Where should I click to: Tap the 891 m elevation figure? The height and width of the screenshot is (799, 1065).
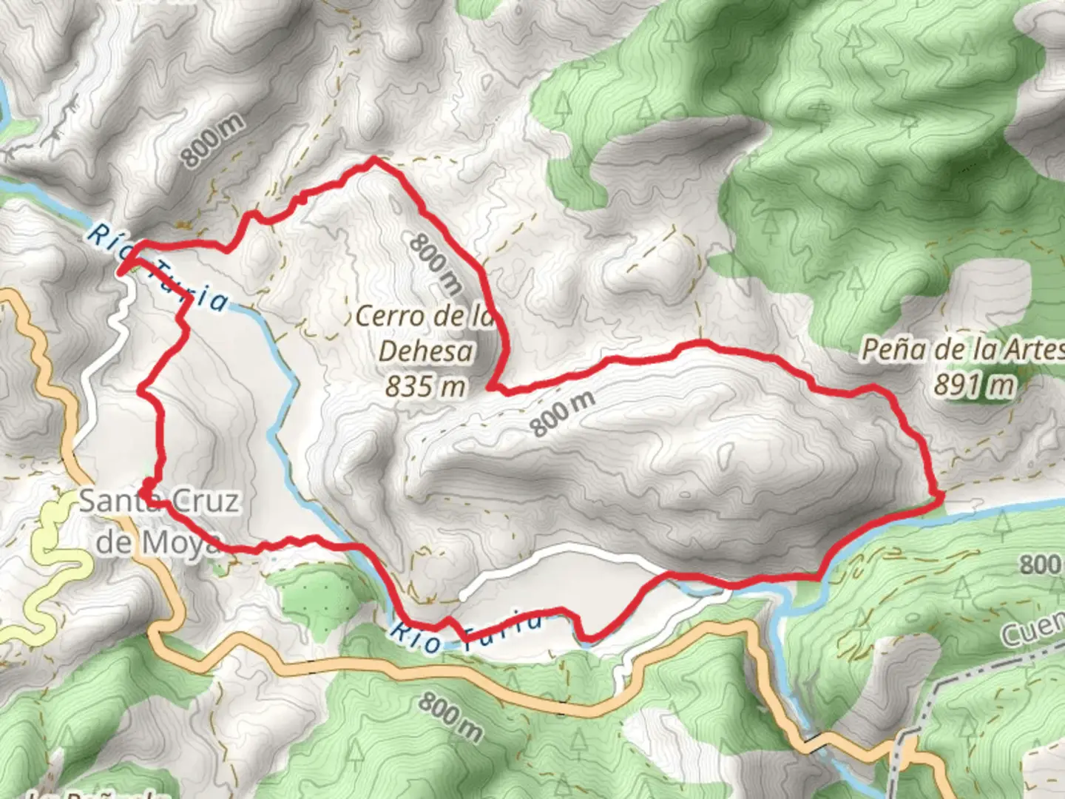click(973, 385)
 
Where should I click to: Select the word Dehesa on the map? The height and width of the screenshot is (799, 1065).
click(425, 351)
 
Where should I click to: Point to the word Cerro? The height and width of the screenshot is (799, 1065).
click(392, 317)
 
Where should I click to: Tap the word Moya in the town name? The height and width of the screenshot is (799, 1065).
click(182, 542)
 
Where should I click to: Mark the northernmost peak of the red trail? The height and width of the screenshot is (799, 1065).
click(374, 158)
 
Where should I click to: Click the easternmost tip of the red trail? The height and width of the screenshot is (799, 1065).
click(942, 496)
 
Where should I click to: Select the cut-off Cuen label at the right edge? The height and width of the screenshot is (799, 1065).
click(1032, 633)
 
